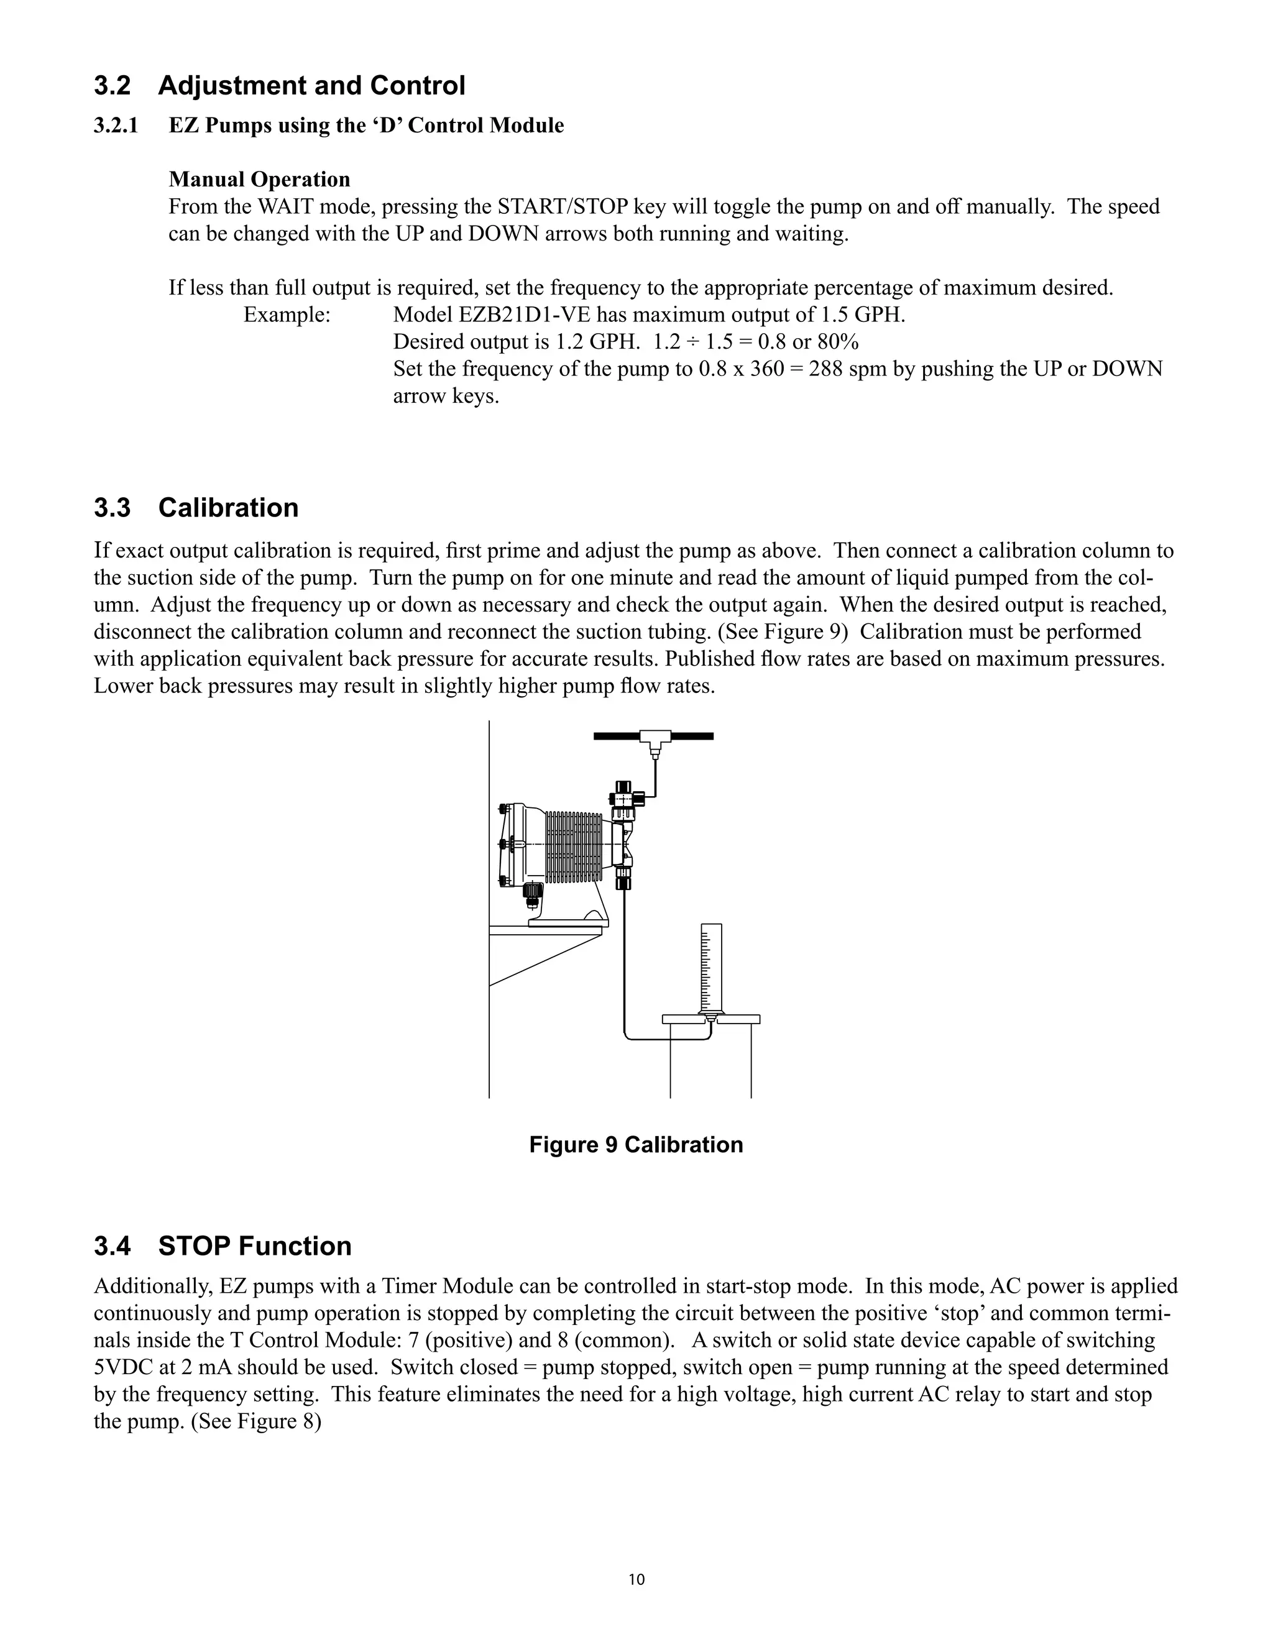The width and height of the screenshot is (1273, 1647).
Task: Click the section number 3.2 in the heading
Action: pos(112,86)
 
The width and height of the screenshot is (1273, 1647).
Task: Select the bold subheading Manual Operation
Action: pos(259,180)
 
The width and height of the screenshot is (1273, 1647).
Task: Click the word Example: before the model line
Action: pos(287,314)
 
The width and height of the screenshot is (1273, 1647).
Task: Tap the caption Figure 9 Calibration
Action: pos(636,1144)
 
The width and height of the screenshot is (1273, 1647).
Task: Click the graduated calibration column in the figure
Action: pos(710,969)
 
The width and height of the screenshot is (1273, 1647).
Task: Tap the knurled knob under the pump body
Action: pos(533,891)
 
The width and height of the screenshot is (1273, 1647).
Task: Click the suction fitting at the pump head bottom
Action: pos(623,879)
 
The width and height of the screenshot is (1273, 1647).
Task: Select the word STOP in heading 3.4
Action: pos(193,1246)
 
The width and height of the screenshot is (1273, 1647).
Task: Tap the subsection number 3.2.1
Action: pos(116,125)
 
